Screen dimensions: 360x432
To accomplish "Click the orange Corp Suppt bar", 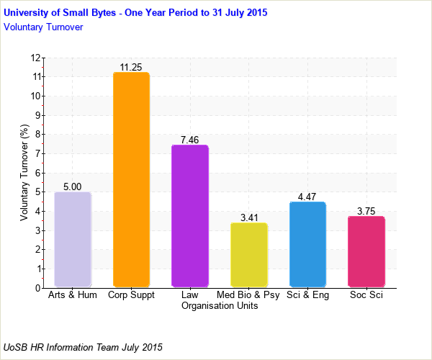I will [x=131, y=179].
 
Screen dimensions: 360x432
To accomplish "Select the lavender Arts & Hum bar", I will [x=73, y=239].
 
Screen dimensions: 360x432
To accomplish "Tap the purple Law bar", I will [x=189, y=216].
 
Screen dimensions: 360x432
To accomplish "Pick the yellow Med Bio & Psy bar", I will [x=248, y=255].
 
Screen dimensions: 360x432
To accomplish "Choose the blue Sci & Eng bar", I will [x=307, y=245].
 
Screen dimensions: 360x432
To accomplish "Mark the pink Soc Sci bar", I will [x=366, y=251].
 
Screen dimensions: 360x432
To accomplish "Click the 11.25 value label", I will [x=131, y=67].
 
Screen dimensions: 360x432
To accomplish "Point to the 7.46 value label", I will [x=189, y=140].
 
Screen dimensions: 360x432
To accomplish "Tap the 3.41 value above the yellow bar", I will [x=248, y=217].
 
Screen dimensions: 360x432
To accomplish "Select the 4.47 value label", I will [x=307, y=197].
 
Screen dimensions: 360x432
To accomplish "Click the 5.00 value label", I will [x=73, y=186].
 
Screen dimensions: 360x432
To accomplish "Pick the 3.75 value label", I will [x=366, y=211].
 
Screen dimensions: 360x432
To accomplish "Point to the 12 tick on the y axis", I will [x=35, y=58].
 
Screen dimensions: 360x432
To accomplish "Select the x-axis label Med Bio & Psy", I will [x=248, y=295].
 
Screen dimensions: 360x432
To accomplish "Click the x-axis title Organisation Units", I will [x=220, y=305].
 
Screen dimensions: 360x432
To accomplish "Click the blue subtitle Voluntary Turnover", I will [x=43, y=27].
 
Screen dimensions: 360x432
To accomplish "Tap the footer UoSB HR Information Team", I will [x=84, y=347].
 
